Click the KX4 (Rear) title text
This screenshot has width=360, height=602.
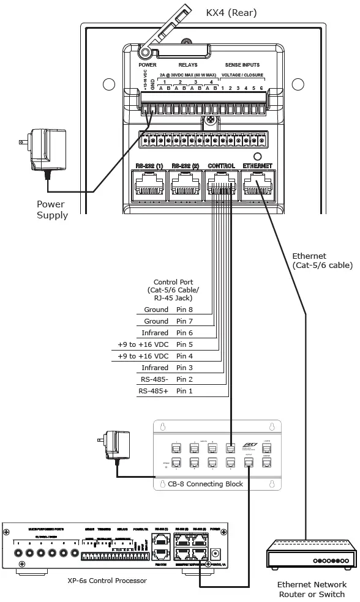coord(231,12)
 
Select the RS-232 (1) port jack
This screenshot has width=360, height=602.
coord(149,182)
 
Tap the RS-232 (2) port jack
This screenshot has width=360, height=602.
coord(186,182)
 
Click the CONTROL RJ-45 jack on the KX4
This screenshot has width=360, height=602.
coord(221,182)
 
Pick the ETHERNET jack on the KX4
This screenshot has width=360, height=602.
coord(257,182)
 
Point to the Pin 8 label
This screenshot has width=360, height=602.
coord(184,310)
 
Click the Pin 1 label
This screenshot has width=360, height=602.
coord(184,390)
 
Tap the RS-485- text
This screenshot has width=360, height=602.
coord(153,379)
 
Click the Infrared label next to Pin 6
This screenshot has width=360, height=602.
coord(155,333)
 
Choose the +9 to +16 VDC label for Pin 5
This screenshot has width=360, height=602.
coord(143,344)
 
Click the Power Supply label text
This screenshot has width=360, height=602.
coord(52,210)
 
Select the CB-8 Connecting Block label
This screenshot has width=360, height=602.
coord(206,484)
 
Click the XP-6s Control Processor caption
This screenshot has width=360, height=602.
coord(107,580)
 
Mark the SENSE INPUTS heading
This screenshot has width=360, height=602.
coord(242,65)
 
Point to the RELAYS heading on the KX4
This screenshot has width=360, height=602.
coord(188,65)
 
